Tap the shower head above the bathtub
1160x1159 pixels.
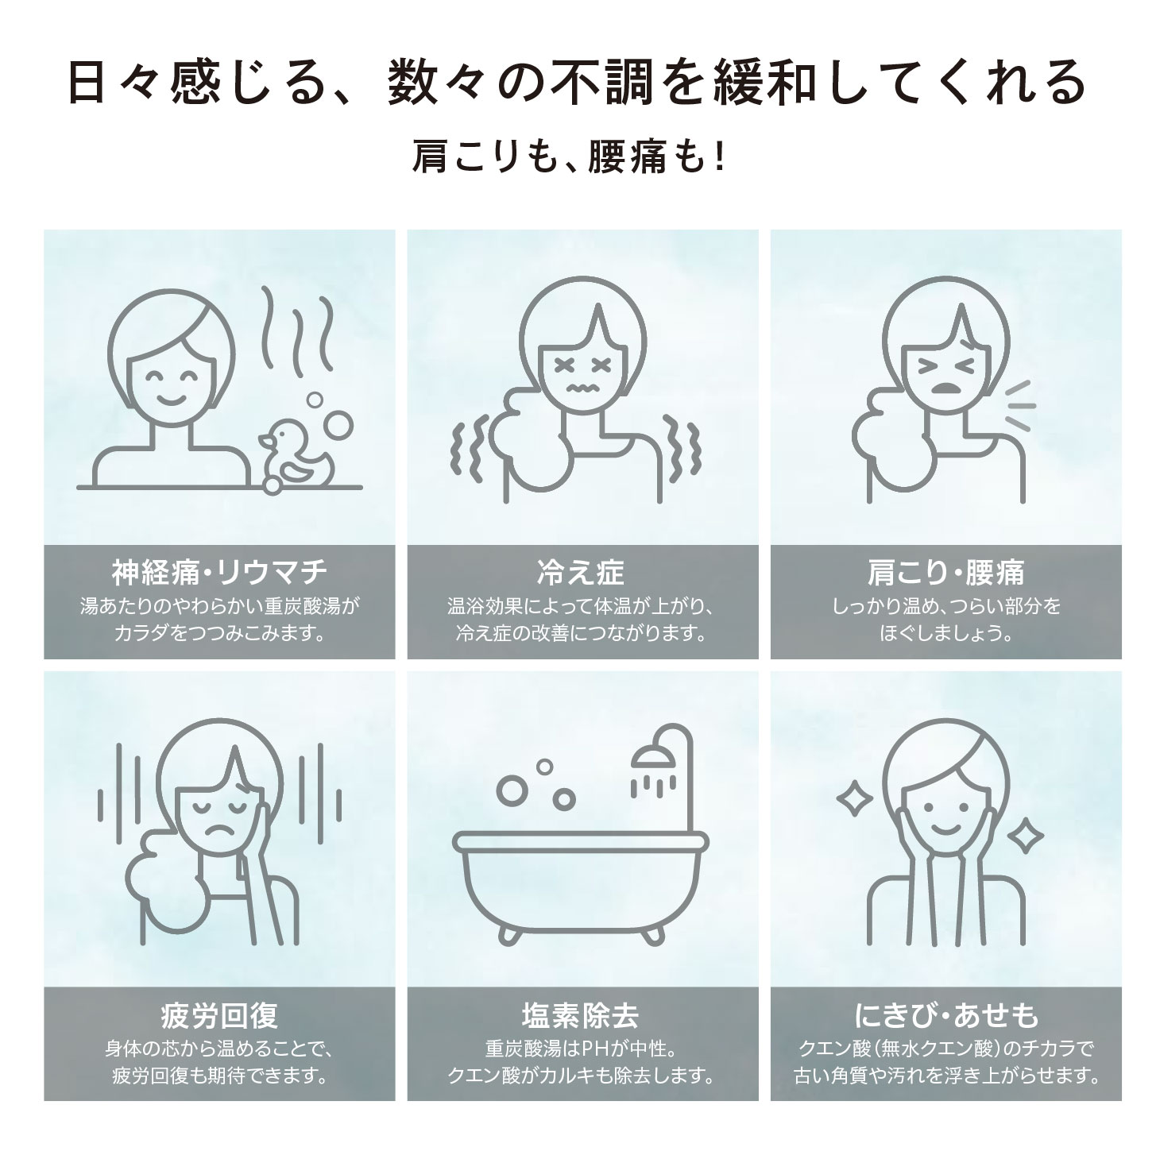(653, 758)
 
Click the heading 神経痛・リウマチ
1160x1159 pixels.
(219, 571)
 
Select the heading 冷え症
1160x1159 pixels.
(581, 571)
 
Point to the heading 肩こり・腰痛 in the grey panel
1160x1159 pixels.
(945, 571)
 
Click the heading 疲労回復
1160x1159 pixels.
(219, 1014)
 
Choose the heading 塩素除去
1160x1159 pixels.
(581, 1014)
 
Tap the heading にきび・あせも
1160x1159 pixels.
(945, 1014)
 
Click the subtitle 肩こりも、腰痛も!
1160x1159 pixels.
(569, 156)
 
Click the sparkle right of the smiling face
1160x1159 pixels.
(1025, 836)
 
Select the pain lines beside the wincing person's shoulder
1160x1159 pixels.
(1019, 405)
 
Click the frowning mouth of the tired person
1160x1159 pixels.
(218, 832)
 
